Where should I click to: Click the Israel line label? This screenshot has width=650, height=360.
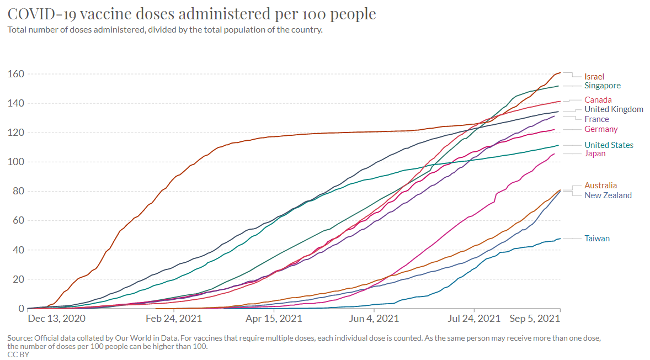(x=594, y=76)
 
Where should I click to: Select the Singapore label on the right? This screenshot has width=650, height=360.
(x=603, y=86)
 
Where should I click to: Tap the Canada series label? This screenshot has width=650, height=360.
(x=598, y=100)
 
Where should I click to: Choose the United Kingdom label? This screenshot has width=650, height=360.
(x=614, y=109)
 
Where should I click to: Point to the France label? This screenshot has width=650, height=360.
(x=596, y=119)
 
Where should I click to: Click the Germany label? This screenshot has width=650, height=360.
(x=601, y=129)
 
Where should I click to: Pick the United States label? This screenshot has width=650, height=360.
(x=609, y=145)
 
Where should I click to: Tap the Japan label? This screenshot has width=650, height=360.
(x=595, y=153)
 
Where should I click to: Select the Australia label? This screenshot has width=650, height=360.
(x=600, y=186)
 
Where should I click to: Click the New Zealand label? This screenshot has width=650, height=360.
(x=608, y=195)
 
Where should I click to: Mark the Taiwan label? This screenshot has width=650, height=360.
(x=597, y=239)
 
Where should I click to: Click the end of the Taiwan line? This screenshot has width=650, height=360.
(x=560, y=239)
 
